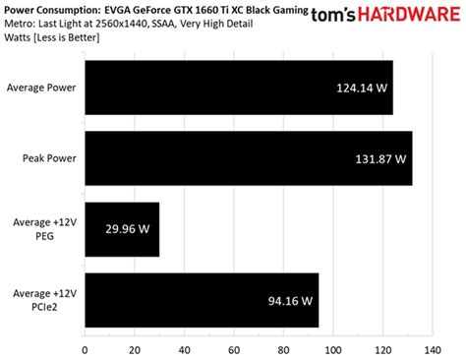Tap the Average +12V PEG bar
point(122,229)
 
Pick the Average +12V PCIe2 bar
point(202,300)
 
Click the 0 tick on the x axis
point(86,349)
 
